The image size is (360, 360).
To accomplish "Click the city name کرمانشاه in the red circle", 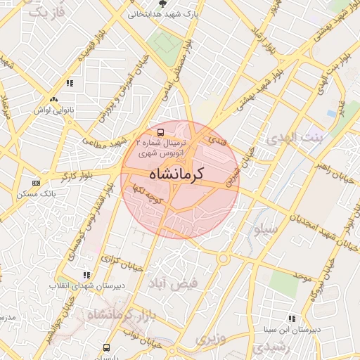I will coord(180,174).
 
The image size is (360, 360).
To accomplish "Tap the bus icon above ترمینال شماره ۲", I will coord(161,131).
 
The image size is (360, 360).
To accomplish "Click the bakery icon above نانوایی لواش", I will coord(53,100).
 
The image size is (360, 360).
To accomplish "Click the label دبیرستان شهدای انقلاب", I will coord(77,285).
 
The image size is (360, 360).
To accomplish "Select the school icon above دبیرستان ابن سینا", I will coord(291,319).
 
